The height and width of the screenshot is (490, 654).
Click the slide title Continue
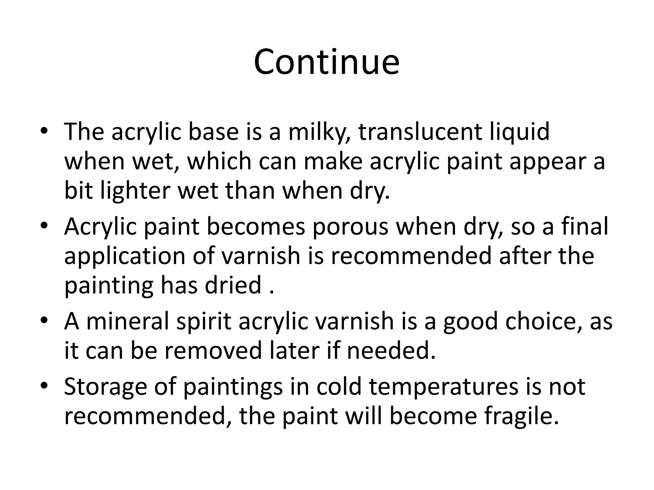[x=326, y=62]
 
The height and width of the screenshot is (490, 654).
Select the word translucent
[x=420, y=132]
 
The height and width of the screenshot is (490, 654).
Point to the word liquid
[x=520, y=132]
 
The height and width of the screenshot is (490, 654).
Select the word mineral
[x=128, y=321]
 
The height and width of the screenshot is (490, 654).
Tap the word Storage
[x=105, y=387]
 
